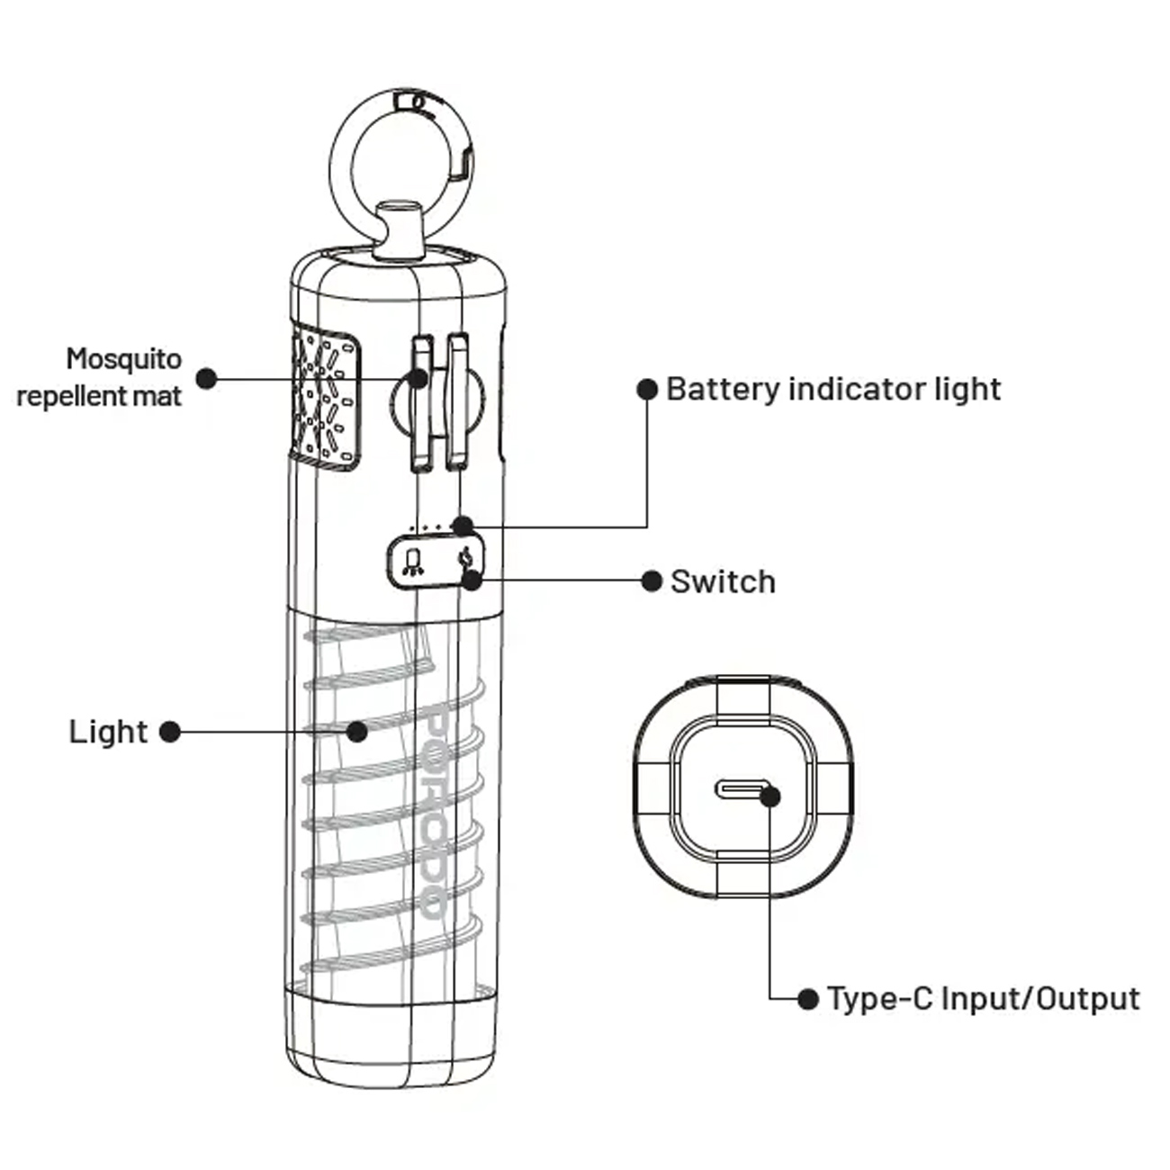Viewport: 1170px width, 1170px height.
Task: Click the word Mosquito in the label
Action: (124, 358)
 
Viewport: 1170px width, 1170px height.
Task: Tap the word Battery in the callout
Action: (723, 389)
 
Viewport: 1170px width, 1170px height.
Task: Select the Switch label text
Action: (723, 581)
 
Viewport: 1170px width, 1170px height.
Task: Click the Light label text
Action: (108, 732)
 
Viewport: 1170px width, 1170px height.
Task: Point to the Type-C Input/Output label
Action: (983, 998)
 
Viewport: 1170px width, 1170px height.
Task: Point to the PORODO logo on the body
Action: (434, 814)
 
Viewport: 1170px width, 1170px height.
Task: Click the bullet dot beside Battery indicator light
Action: (647, 389)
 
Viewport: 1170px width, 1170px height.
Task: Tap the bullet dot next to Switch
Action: (652, 581)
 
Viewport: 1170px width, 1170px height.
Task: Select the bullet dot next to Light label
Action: (169, 732)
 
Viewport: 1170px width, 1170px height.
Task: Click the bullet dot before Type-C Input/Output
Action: (808, 998)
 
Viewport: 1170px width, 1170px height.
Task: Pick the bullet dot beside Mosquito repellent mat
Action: (207, 378)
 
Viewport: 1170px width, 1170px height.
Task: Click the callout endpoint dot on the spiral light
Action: (357, 731)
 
